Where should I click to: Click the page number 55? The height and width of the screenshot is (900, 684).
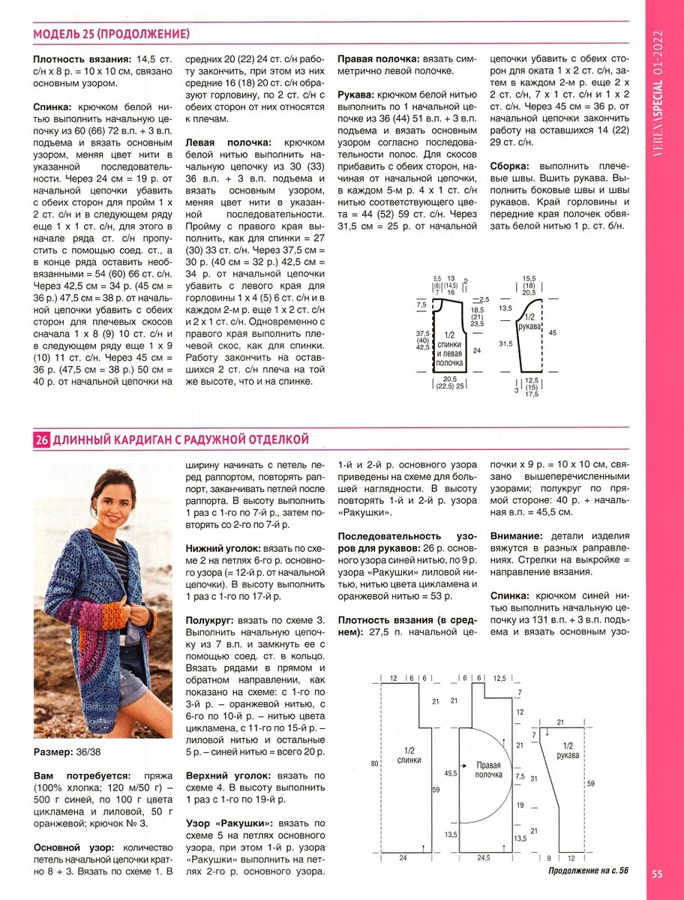pyautogui.click(x=656, y=873)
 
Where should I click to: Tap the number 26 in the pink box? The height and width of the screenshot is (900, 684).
pyautogui.click(x=41, y=439)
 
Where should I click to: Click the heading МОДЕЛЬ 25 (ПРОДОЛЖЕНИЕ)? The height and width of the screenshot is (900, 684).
pyautogui.click(x=111, y=33)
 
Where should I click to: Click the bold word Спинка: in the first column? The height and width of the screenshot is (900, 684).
pyautogui.click(x=52, y=106)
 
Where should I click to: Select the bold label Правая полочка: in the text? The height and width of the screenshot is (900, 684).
pyautogui.click(x=378, y=58)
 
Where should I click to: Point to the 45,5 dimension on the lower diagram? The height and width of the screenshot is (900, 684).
pyautogui.click(x=450, y=772)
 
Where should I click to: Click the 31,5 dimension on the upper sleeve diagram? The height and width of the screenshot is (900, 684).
pyautogui.click(x=506, y=344)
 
